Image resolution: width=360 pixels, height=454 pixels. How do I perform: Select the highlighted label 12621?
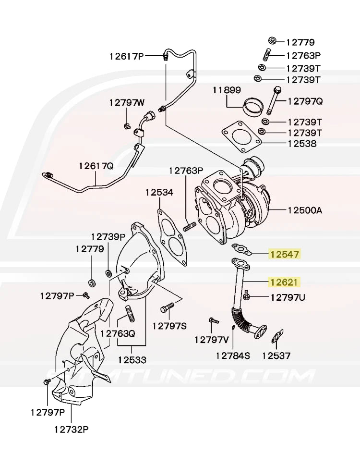coord(285,282)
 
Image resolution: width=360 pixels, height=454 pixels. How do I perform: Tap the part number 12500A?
coord(305,210)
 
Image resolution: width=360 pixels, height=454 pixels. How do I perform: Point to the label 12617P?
coord(126,56)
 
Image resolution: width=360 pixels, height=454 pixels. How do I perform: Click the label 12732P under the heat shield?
coord(72,429)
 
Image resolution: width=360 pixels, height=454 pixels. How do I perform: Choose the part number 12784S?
coord(233,356)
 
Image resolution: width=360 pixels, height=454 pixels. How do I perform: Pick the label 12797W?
coord(126,102)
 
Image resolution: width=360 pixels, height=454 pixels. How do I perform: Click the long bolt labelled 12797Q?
coord(274,101)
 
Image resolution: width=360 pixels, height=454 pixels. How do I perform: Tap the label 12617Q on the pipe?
coord(96,166)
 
